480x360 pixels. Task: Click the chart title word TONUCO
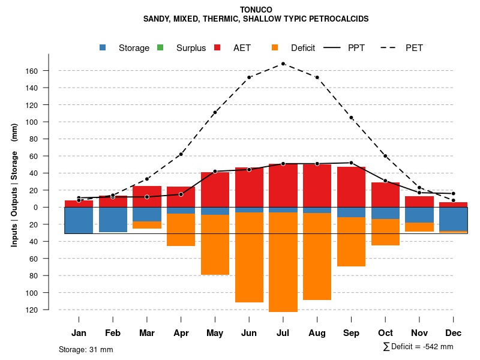[x=256, y=10]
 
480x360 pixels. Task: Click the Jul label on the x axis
[x=283, y=333]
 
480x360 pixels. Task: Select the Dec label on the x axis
[x=454, y=333]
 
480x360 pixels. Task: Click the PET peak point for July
[x=283, y=64]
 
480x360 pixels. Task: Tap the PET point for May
[x=215, y=112]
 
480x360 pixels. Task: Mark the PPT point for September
[x=351, y=163]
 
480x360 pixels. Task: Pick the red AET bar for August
[x=317, y=185]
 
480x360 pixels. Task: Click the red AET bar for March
[x=147, y=196]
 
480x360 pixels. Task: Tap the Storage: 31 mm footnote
[x=86, y=349]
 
